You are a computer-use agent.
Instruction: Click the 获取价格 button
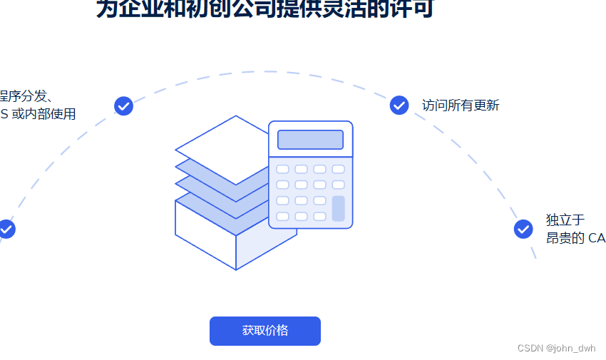tap(265, 331)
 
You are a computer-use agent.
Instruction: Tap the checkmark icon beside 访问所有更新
tap(399, 105)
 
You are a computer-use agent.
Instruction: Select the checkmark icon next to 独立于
tap(523, 229)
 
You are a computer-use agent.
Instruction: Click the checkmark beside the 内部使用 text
tap(123, 106)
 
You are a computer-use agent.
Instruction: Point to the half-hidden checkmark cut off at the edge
tap(6, 229)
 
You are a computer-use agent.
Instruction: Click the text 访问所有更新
tap(461, 106)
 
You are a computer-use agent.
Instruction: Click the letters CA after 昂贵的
tap(597, 238)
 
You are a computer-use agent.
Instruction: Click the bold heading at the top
tap(265, 9)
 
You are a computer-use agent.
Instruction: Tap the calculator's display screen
tap(310, 140)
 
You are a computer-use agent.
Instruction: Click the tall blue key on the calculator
tap(338, 208)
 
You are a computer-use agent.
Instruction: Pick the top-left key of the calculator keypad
tap(282, 169)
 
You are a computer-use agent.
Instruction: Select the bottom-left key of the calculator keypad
tap(282, 216)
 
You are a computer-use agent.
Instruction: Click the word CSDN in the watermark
tap(530, 349)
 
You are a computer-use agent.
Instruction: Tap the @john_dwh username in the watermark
tap(571, 349)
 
